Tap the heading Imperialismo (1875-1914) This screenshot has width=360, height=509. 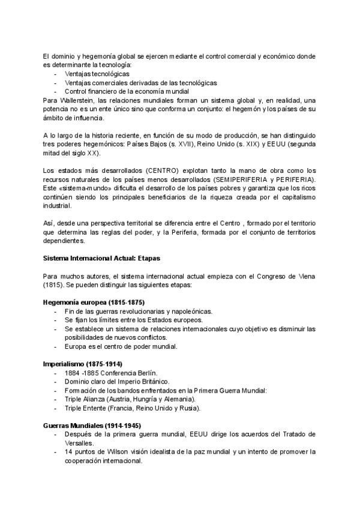[82, 364]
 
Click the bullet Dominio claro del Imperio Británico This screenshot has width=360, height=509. [117, 382]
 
